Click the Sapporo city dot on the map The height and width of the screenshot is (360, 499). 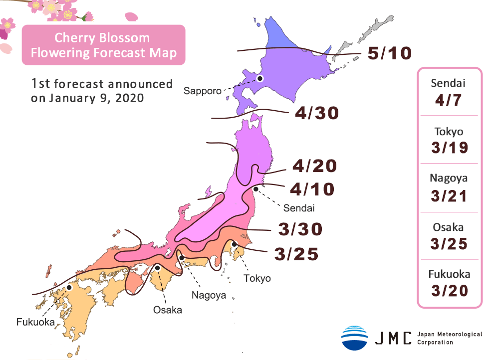pyautogui.click(x=260, y=78)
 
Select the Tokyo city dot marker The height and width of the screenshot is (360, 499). pyautogui.click(x=234, y=244)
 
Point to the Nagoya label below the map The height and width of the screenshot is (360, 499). pyautogui.click(x=209, y=295)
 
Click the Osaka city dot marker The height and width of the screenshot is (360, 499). pyautogui.click(x=158, y=268)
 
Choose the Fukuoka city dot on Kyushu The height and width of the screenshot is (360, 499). pyautogui.click(x=69, y=288)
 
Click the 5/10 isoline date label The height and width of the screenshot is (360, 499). pyautogui.click(x=389, y=53)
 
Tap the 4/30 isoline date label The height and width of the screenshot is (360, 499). pyautogui.click(x=317, y=113)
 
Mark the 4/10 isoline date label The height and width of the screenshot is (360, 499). pyautogui.click(x=312, y=189)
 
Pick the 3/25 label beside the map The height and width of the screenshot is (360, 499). pyautogui.click(x=296, y=254)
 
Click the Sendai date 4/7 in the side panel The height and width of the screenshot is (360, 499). pyautogui.click(x=449, y=101)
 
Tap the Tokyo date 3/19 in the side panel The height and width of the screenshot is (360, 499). pyautogui.click(x=449, y=148)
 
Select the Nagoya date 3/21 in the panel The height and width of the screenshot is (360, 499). pyautogui.click(x=449, y=195)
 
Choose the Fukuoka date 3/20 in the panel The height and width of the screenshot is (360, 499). pyautogui.click(x=449, y=290)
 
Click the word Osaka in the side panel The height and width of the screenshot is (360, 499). pyautogui.click(x=449, y=227)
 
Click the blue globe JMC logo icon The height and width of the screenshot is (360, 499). pyautogui.click(x=354, y=338)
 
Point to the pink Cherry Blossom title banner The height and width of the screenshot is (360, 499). pyautogui.click(x=103, y=45)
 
